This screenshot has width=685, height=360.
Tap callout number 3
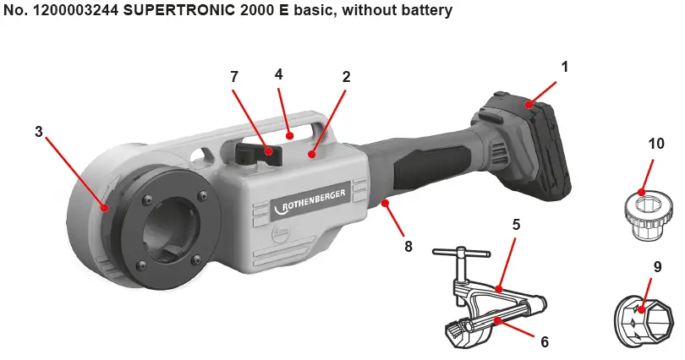coord(39,132)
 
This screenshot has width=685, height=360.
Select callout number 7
coord(234,77)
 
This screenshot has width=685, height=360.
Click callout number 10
coord(656,144)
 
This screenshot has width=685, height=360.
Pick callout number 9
coord(656,265)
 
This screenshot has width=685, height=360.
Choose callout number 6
coord(545,342)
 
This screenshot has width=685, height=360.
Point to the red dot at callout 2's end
coord(312,155)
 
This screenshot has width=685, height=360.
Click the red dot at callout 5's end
coord(500,290)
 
